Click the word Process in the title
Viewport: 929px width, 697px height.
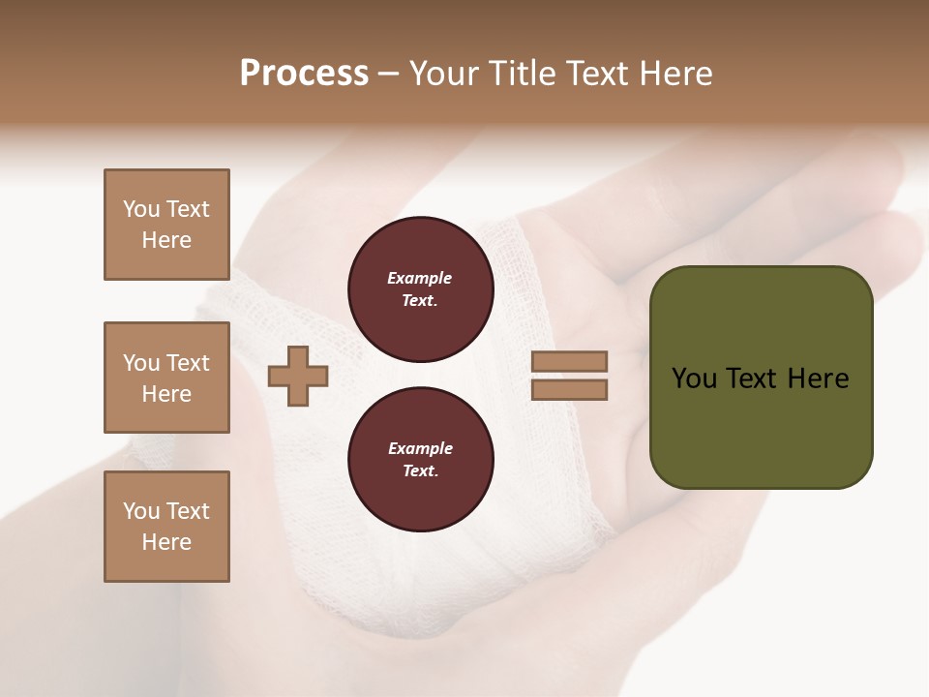pos(304,74)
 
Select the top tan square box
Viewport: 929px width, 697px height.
pos(166,225)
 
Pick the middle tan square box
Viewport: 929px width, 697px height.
pos(166,378)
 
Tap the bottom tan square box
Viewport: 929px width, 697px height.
pos(166,527)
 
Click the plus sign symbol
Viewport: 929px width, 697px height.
pos(298,376)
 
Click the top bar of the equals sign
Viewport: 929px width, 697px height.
pos(569,361)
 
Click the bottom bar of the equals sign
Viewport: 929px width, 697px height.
pos(569,390)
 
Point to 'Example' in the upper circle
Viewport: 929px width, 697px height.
pos(420,278)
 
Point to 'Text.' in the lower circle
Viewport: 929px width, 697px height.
pos(420,470)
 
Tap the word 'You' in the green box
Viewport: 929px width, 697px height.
pos(695,379)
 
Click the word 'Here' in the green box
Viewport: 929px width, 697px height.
pos(818,379)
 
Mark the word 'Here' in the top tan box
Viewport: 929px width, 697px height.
pos(166,240)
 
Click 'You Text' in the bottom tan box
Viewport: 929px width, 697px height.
pos(166,511)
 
